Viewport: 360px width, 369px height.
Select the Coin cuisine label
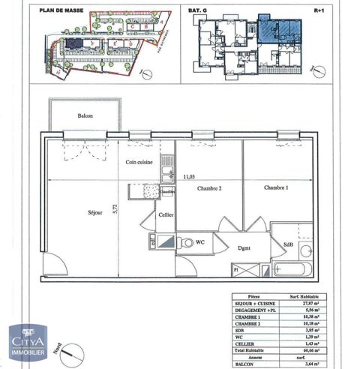pyautogui.click(x=139, y=162)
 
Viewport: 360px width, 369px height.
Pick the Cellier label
pyautogui.click(x=165, y=215)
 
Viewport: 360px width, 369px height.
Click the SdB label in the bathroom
pyautogui.click(x=288, y=244)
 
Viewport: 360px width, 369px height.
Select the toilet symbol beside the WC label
pyautogui.click(x=183, y=242)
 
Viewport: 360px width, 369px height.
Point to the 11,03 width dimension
pyautogui.click(x=190, y=176)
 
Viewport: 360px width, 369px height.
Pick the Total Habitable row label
pyautogui.click(x=254, y=339)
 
